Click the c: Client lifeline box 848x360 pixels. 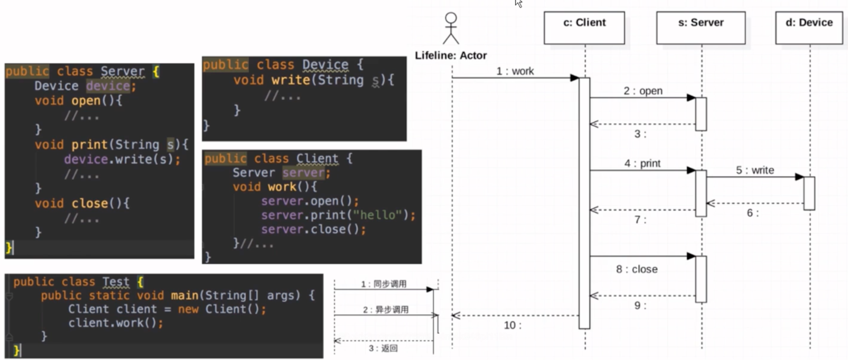click(584, 27)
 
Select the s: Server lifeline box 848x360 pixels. click(700, 27)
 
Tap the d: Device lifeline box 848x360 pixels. click(809, 27)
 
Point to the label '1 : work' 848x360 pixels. click(515, 71)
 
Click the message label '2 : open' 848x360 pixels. click(643, 91)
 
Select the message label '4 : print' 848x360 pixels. click(642, 163)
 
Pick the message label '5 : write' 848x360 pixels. click(755, 170)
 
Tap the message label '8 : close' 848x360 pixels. click(636, 269)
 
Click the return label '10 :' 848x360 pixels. click(512, 325)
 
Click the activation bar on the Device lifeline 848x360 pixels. click(809, 193)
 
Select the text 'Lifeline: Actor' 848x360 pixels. click(450, 56)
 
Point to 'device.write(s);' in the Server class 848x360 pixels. click(122, 159)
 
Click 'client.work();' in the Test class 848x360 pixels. click(115, 323)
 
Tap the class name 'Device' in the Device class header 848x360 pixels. click(325, 65)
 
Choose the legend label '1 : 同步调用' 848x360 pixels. click(383, 284)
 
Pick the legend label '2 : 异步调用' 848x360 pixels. click(385, 310)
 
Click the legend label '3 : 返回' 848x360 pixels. click(383, 349)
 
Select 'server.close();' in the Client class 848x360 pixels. click(313, 229)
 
